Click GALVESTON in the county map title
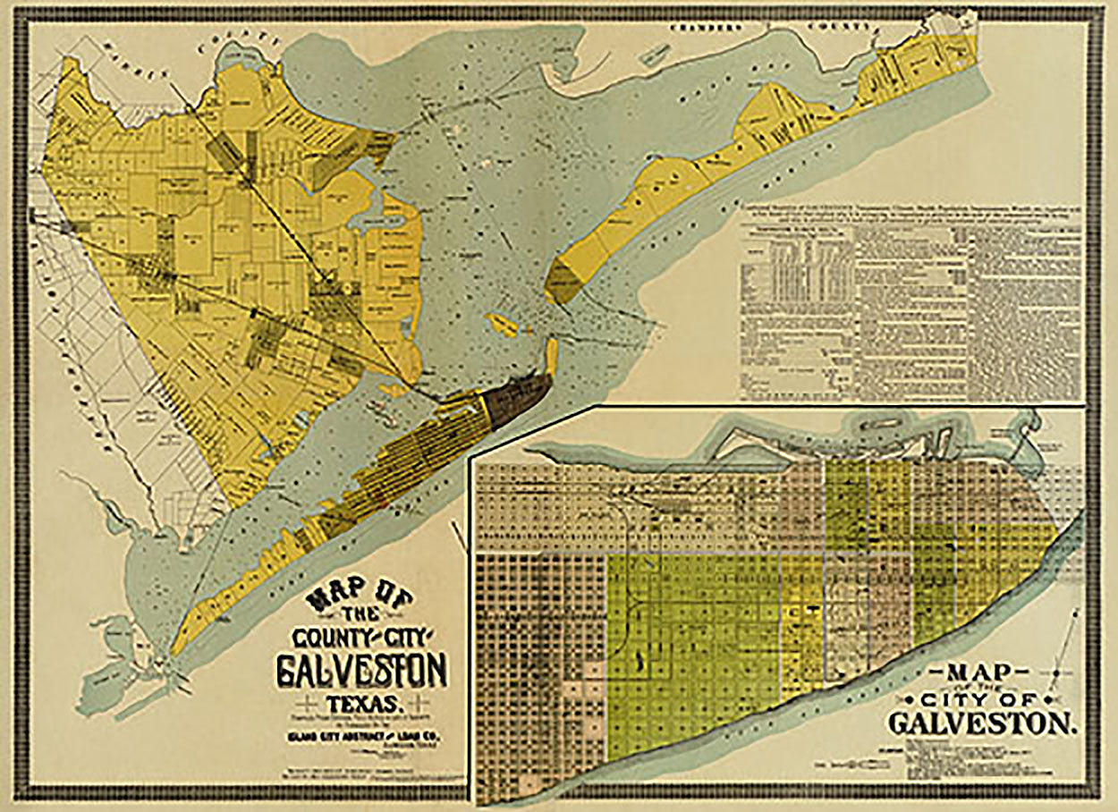362,670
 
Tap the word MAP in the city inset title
981,672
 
